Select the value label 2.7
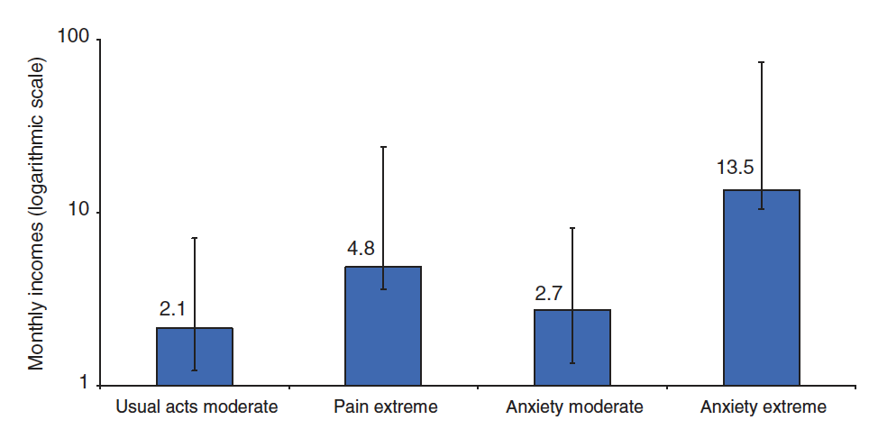pyautogui.click(x=550, y=293)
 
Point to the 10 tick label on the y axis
pyautogui.click(x=81, y=213)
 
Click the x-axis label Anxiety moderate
pyautogui.click(x=574, y=406)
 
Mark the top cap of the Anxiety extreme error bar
pyautogui.click(x=762, y=62)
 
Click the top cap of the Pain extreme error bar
pyautogui.click(x=383, y=147)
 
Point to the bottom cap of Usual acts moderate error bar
pyautogui.click(x=195, y=370)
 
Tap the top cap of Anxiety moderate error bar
pyautogui.click(x=572, y=228)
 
